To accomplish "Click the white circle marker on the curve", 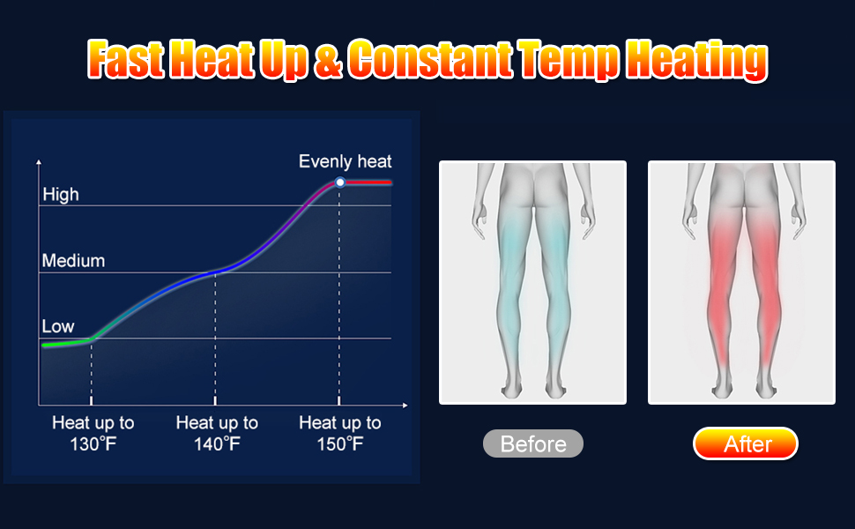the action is coord(339,183).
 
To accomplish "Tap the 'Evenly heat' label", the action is coord(346,161).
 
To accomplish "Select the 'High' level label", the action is coord(61,195).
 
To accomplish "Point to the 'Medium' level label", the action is coord(73,261).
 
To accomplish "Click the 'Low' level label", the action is coord(58,327).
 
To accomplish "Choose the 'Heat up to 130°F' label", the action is coord(93,433).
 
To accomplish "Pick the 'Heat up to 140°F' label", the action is coord(217,433).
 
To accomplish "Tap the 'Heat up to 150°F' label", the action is coord(340,433).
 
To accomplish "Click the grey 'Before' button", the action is coord(533,444).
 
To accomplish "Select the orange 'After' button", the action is coord(746,444).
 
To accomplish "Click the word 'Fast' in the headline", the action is coord(126,59).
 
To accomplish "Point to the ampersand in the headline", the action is coord(329,60).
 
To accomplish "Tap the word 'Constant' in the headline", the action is coord(430,58).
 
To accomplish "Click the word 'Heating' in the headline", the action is coord(696,60).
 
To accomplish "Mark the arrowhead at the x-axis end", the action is coord(405,406).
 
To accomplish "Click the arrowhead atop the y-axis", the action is coord(39,162).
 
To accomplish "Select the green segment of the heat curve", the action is coord(68,343).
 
